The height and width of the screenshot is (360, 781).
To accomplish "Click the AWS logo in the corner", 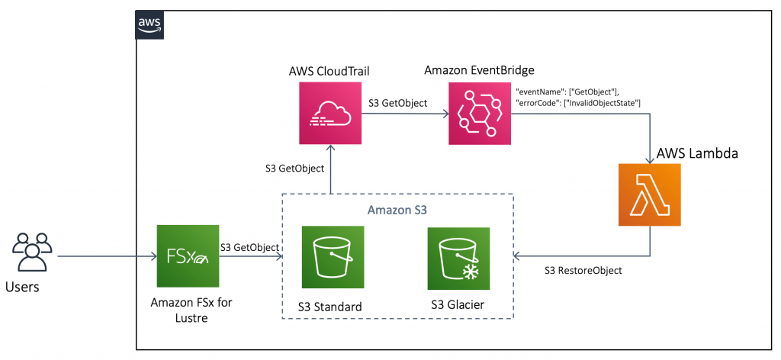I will [149, 24].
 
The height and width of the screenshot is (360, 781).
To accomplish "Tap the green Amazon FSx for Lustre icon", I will [187, 256].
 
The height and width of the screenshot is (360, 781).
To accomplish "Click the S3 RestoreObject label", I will [583, 270].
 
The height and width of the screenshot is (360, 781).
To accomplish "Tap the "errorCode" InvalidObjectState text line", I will [578, 102].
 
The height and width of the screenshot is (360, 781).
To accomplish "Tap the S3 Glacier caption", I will [457, 306].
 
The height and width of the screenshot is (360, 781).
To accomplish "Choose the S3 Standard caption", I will [331, 307].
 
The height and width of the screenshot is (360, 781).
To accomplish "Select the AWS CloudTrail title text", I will [329, 71].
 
